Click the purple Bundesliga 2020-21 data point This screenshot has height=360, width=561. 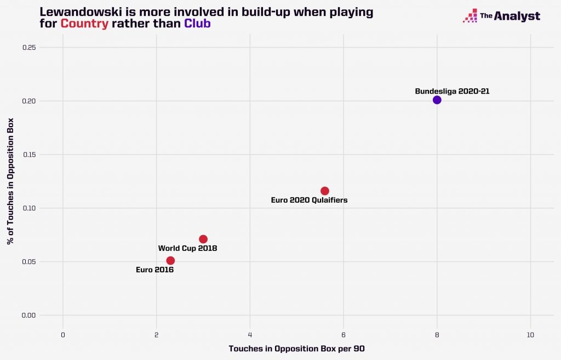point(437,100)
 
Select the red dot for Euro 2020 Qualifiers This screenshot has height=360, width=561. point(324,191)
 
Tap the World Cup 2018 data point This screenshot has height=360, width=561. point(203,239)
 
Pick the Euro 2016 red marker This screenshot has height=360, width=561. point(170,260)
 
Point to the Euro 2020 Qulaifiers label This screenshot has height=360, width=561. point(309,200)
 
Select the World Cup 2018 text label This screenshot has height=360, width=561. point(187,248)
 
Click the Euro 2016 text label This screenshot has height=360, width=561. point(154,270)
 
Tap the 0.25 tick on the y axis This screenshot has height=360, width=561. point(29,48)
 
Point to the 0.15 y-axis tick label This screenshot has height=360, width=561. point(29,155)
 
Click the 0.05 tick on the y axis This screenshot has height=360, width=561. point(29,261)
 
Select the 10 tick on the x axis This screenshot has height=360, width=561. point(530,335)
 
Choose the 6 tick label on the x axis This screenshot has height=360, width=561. point(344,335)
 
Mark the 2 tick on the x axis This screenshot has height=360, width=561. point(157,335)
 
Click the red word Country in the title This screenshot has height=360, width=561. point(84,24)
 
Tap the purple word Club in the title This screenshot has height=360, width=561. point(197,24)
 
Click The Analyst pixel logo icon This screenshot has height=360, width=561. point(470,16)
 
